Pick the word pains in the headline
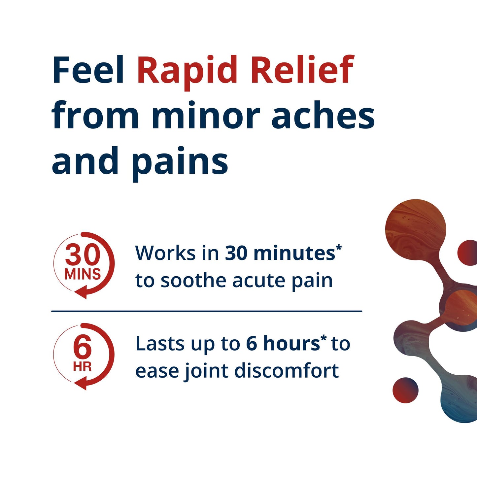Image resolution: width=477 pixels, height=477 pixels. click(180, 162)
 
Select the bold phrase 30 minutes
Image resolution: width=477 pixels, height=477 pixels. click(280, 253)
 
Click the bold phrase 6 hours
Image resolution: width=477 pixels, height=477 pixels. click(283, 344)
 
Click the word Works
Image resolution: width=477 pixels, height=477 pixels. click(165, 253)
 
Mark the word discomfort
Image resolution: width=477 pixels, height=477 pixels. click(287, 371)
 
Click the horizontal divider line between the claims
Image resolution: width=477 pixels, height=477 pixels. click(207, 311)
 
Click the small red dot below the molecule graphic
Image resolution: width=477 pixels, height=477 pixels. click(405, 390)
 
